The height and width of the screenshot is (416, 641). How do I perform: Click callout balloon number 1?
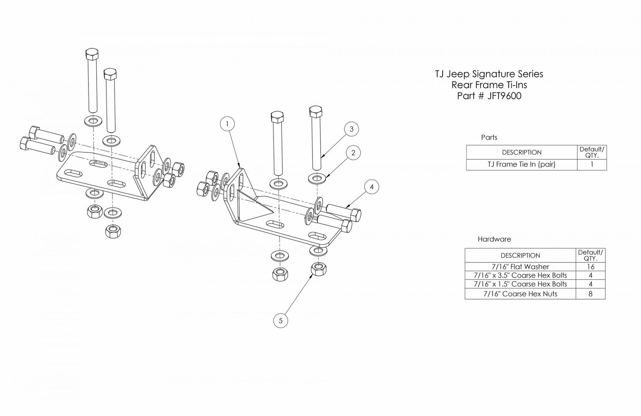pos(227,124)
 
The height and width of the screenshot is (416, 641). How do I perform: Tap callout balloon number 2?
pos(353,153)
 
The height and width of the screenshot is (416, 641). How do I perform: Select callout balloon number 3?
pos(351,129)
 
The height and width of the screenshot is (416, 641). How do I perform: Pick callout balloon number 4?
pos(372,187)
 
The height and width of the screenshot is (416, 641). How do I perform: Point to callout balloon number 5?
pos(280,320)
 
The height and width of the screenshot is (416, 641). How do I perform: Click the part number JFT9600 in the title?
pos(504,96)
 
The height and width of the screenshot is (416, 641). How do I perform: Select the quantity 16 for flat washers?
pos(591,267)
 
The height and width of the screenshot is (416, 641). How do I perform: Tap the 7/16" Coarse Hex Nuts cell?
pos(520,294)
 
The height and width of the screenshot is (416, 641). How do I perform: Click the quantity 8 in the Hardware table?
pos(590,294)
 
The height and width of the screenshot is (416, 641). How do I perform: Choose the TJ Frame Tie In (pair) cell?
pos(522,165)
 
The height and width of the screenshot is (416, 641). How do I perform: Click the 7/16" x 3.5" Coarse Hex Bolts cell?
pos(520,275)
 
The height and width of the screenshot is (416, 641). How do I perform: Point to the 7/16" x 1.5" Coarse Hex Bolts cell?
pos(520,284)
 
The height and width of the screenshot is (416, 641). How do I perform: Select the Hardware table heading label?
pos(494,239)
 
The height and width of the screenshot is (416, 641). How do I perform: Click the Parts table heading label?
pos(489,137)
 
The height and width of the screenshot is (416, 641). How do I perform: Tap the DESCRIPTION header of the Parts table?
pos(522,152)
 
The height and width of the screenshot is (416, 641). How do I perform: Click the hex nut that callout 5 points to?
pos(319,269)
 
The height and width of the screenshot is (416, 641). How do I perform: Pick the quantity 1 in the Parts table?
pos(592,164)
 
